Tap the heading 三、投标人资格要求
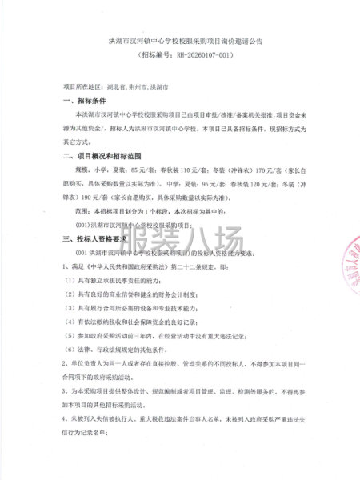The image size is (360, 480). [94, 239]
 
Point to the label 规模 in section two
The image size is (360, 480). [83, 172]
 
